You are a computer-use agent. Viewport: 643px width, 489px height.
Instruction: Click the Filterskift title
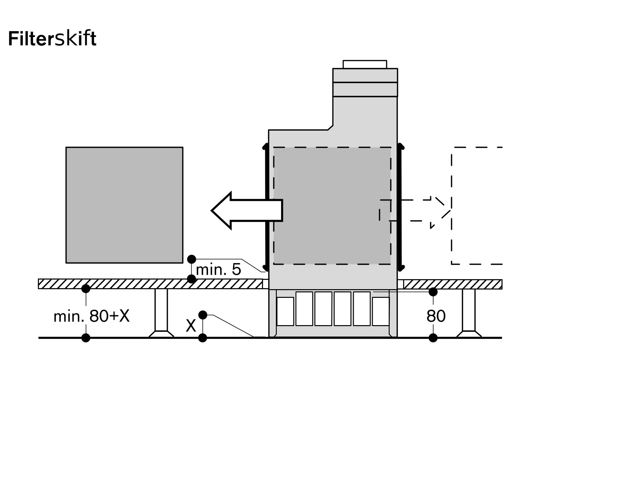(52, 39)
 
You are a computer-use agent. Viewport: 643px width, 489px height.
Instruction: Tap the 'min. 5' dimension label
(218, 270)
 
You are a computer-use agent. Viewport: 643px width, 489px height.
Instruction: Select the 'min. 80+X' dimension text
(92, 316)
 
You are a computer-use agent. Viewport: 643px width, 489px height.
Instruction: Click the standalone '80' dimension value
(436, 316)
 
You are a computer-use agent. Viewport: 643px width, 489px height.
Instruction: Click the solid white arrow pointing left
(247, 211)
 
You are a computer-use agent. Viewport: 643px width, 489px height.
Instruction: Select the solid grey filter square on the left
(124, 205)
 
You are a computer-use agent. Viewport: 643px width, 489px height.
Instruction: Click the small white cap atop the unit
(365, 64)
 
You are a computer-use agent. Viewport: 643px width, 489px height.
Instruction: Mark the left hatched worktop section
(150, 284)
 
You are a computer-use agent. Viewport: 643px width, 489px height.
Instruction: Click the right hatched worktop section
(453, 284)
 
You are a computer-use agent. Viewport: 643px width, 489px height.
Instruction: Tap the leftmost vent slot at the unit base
(285, 311)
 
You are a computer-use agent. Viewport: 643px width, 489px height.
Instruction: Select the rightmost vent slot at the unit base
(381, 311)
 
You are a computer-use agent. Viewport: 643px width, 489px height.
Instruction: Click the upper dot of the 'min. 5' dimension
(192, 259)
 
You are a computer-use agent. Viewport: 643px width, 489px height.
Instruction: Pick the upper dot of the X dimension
(203, 315)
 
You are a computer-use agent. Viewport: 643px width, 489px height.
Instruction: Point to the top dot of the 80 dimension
(433, 292)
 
